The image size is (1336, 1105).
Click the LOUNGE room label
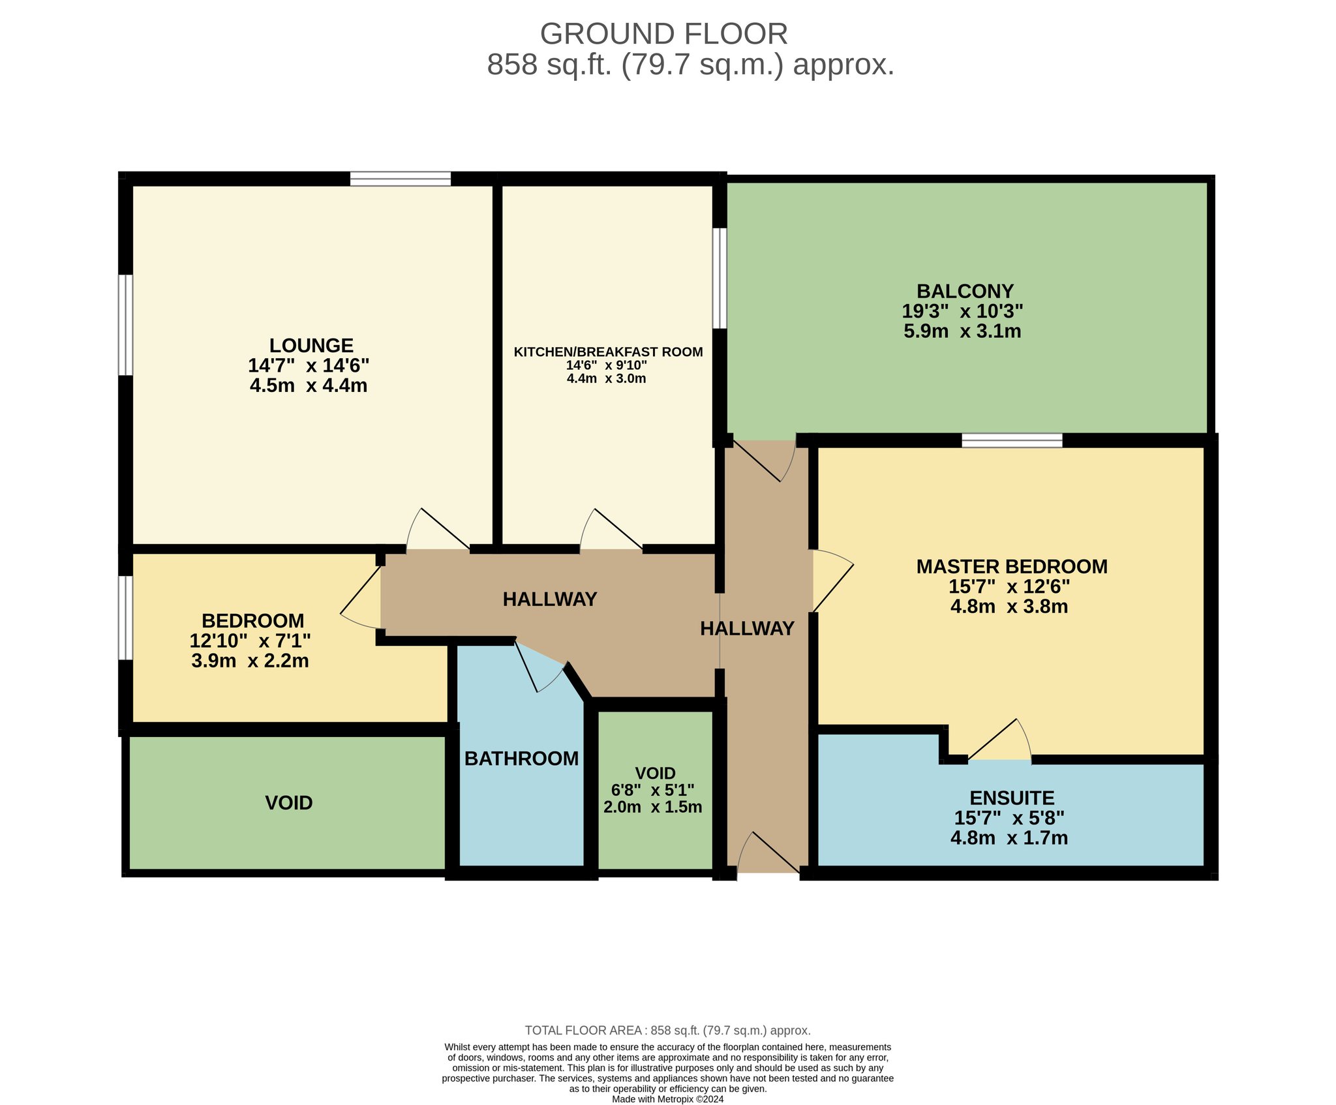(x=311, y=345)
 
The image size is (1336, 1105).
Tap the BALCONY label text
(x=965, y=291)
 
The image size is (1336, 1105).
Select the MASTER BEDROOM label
(x=1012, y=566)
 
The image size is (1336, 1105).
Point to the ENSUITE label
(x=1012, y=798)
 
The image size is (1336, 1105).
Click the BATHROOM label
(x=521, y=758)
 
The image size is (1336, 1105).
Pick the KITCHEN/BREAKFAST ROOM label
(x=608, y=352)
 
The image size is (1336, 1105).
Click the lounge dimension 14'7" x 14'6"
(x=309, y=365)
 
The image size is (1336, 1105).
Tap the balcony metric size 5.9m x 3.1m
(x=962, y=331)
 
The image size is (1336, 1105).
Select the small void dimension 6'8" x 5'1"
(x=652, y=790)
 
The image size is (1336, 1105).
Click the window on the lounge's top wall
(x=400, y=178)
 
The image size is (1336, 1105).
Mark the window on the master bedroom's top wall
(x=1012, y=440)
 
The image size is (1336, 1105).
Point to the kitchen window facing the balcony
(x=720, y=278)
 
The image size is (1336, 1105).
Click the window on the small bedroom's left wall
(x=125, y=617)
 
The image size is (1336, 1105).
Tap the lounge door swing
(x=438, y=529)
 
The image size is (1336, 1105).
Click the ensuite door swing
(x=1000, y=740)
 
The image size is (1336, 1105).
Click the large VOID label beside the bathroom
(x=289, y=802)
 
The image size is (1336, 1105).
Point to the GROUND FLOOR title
(x=664, y=34)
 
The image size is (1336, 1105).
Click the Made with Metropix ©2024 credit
(x=668, y=1099)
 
